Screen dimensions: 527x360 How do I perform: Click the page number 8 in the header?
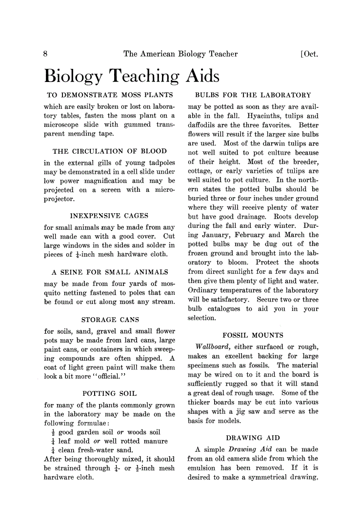[46, 54]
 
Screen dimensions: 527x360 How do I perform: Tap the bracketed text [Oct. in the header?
[309, 54]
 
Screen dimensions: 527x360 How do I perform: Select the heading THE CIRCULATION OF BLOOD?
[110, 151]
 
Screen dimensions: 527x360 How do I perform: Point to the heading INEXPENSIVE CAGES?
[109, 215]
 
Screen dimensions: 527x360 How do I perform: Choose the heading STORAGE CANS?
[110, 320]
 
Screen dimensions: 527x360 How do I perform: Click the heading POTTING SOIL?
[110, 393]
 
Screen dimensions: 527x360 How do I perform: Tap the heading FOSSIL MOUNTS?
[253, 335]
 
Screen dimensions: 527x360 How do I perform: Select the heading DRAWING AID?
[253, 438]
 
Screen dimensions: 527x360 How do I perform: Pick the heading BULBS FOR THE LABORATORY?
[253, 95]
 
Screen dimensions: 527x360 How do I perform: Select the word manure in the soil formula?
[156, 441]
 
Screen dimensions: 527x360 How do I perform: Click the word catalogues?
[224, 309]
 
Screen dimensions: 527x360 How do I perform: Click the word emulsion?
[202, 468]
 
